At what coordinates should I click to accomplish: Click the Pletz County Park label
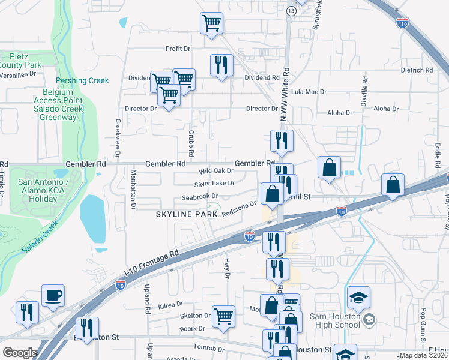pos(20,61)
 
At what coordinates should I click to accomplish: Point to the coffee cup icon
pos(53,296)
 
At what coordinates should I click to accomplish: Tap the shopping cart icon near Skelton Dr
pos(223,316)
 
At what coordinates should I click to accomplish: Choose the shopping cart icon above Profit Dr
pos(211,25)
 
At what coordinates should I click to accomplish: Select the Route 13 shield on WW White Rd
pos(291,11)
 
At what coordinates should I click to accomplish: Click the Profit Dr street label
pos(178,49)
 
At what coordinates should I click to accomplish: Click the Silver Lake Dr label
pos(214,184)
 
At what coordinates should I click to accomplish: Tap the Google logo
pos(20,353)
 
